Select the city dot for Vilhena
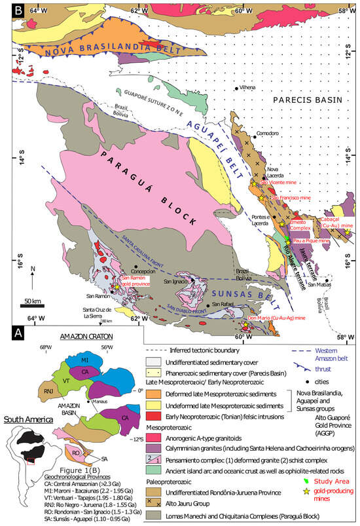(x=236, y=88)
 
